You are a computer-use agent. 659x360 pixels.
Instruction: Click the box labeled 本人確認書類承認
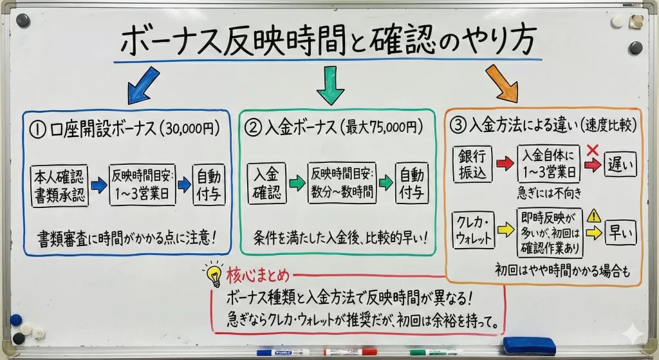click(x=59, y=185)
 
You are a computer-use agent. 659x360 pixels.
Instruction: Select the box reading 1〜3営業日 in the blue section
click(x=142, y=185)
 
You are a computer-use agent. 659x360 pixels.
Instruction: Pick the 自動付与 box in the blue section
click(x=210, y=185)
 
